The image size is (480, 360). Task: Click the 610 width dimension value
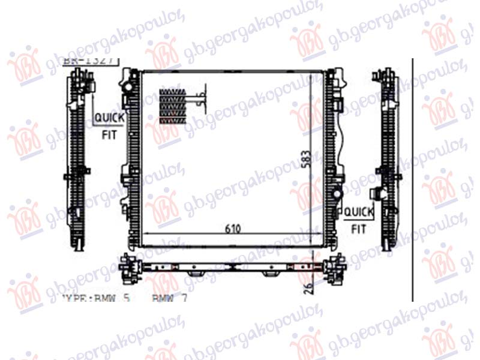point(233,229)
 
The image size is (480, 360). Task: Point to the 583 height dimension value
point(307,161)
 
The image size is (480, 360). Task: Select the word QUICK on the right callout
point(358,212)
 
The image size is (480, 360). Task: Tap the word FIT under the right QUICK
point(358,229)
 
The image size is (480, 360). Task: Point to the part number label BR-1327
point(90,61)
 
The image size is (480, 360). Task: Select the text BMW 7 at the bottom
point(169,297)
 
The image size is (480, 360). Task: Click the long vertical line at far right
point(413,180)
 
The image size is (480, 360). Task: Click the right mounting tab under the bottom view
point(269,274)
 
